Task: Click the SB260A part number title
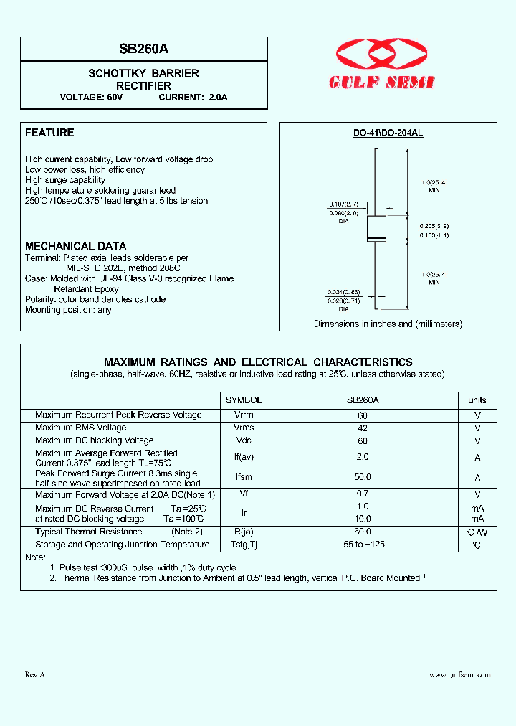point(143,49)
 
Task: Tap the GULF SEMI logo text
point(381,82)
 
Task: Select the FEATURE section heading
point(49,133)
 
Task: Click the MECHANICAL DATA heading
point(75,246)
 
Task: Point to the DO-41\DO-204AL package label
point(388,133)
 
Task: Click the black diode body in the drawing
point(376,229)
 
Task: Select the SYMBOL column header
point(244,400)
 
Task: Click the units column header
point(477,400)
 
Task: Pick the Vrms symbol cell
point(244,428)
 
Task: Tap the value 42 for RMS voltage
point(363,428)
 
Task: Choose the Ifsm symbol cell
point(244,478)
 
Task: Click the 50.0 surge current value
point(363,478)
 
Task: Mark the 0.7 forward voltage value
point(363,494)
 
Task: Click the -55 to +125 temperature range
point(363,545)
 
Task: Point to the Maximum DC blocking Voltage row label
point(95,440)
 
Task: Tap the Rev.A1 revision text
point(36,675)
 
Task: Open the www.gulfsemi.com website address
point(460,675)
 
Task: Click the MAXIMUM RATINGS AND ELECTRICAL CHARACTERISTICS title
point(258,362)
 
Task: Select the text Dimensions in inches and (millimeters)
point(388,324)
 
